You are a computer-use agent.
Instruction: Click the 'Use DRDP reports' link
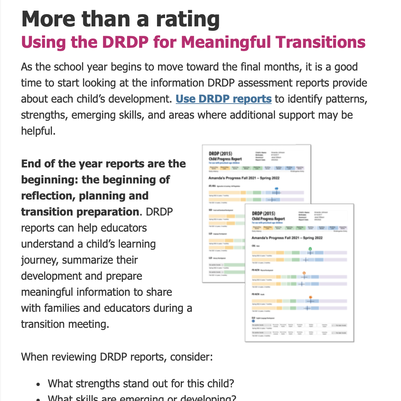224,99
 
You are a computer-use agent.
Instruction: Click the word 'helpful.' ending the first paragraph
38,131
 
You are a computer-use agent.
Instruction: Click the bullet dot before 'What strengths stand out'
39,384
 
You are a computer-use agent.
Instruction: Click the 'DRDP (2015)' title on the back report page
221,154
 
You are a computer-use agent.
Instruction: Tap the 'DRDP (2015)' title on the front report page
264,213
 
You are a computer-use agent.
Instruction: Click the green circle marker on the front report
310,249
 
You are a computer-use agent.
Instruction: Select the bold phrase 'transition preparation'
80,212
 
